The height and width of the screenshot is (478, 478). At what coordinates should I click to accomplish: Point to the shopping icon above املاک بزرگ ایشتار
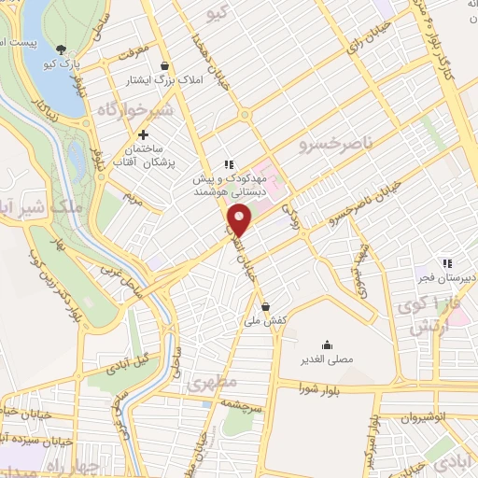coord(165,65)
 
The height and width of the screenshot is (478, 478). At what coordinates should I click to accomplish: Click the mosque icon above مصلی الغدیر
coord(326,344)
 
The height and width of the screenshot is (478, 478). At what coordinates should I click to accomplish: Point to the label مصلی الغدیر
coord(326,360)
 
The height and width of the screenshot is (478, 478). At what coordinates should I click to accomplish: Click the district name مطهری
coord(207,383)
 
